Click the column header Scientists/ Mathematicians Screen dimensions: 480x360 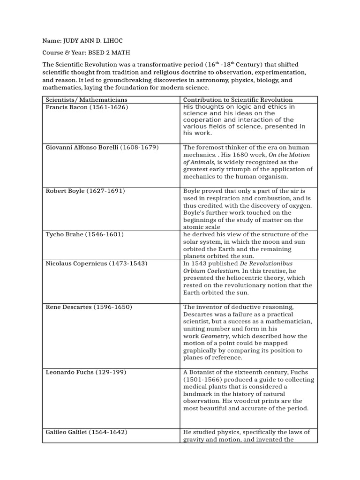point(86,100)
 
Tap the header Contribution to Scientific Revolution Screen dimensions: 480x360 point(238,100)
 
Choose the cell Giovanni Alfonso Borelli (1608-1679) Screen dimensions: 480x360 point(102,147)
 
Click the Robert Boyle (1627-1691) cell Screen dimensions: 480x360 point(85,191)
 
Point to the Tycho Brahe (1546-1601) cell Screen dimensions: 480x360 point(84,234)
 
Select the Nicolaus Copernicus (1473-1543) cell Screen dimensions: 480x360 point(97,263)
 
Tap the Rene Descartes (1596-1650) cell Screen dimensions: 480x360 point(89,307)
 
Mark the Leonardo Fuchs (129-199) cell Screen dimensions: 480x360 point(86,372)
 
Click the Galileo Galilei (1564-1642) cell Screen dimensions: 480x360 point(86,432)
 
